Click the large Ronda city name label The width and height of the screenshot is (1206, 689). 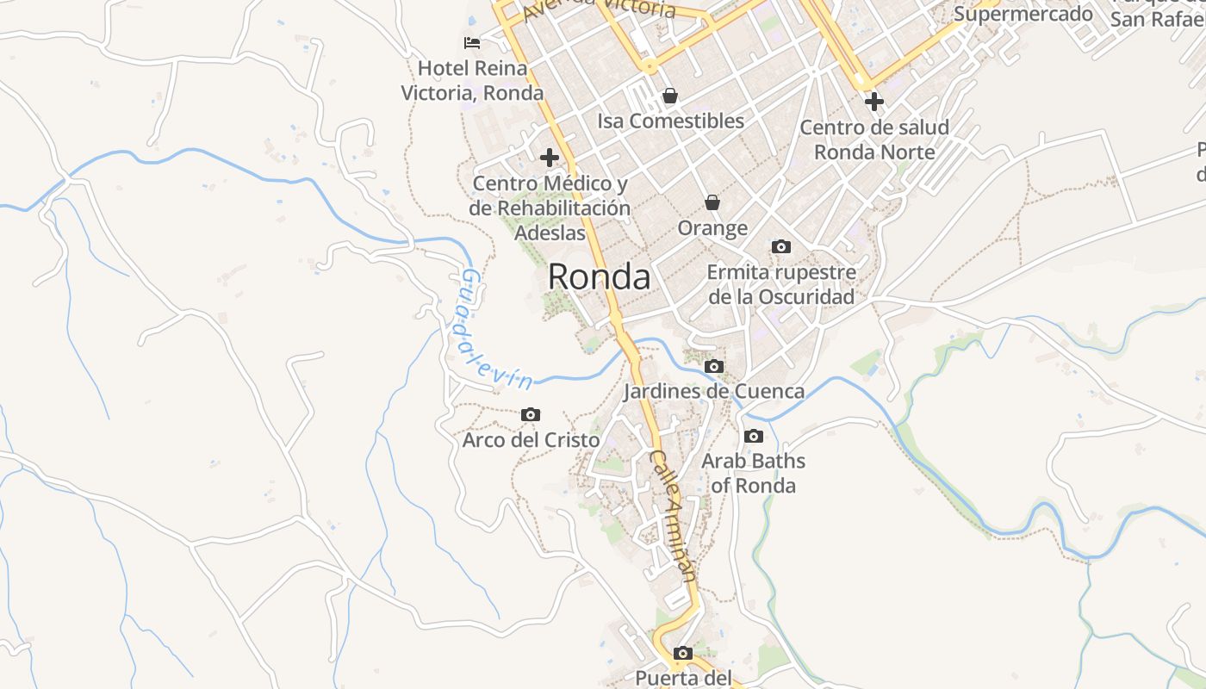click(599, 277)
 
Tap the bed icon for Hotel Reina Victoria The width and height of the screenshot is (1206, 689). click(471, 42)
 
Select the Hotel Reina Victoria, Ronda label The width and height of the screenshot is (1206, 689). click(472, 80)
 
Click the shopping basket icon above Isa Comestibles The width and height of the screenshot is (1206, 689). click(670, 96)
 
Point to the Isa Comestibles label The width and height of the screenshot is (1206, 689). click(670, 121)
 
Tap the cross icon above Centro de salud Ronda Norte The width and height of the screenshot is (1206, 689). click(874, 102)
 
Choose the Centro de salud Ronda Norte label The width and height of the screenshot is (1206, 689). click(874, 140)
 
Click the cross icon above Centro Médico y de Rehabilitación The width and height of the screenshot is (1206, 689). click(550, 158)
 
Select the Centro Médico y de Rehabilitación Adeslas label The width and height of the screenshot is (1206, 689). click(550, 208)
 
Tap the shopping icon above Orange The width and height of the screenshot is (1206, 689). click(712, 202)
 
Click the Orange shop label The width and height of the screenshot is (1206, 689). click(712, 228)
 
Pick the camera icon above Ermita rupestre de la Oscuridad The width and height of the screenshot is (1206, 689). click(781, 247)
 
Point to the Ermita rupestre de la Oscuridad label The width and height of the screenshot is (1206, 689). click(781, 284)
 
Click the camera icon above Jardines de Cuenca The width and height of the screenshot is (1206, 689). click(713, 366)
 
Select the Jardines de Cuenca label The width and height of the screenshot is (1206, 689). click(713, 391)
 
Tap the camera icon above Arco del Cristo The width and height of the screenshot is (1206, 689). click(531, 415)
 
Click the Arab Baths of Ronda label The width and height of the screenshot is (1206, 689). click(753, 473)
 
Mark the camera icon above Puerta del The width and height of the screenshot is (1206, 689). click(683, 653)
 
